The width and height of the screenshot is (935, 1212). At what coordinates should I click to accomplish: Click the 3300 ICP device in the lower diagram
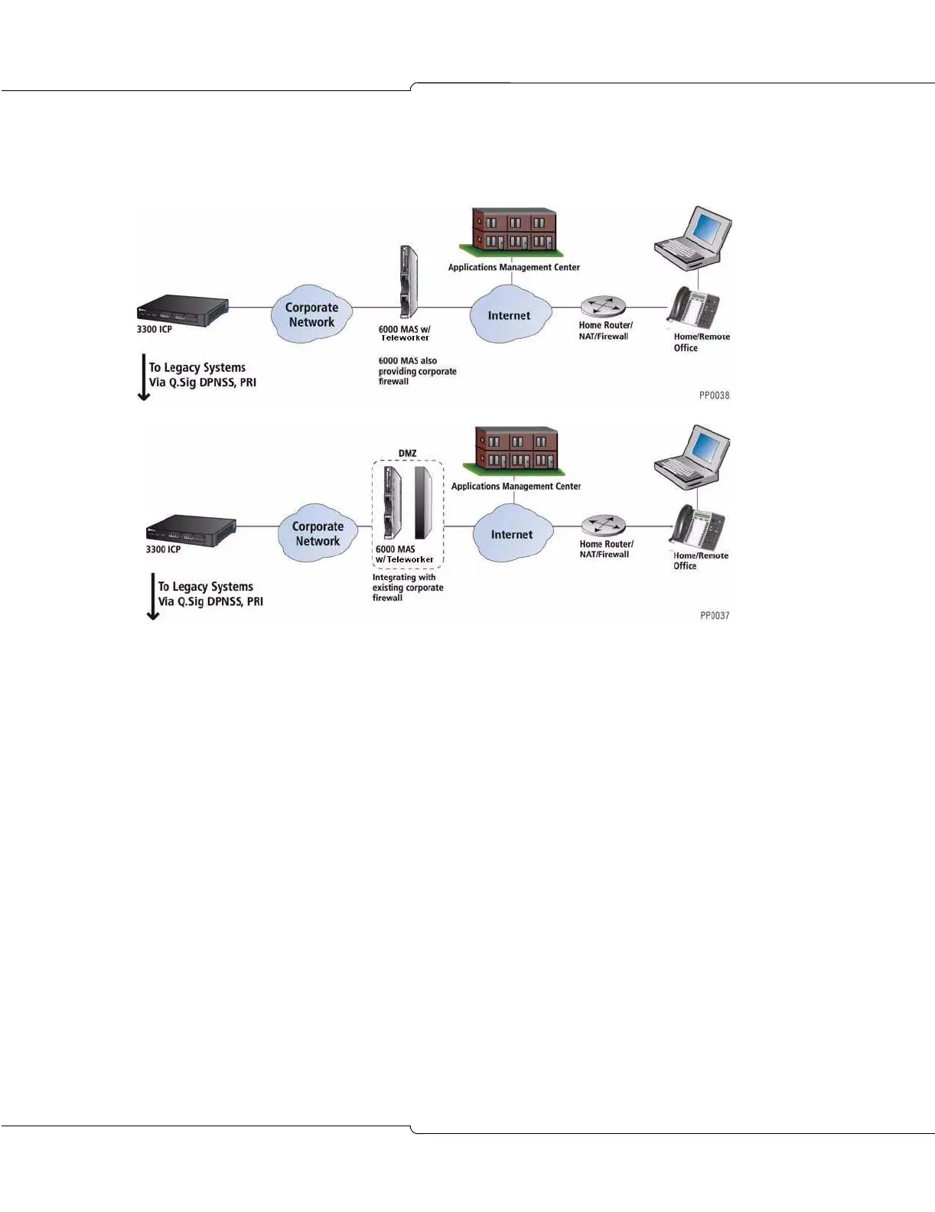(x=191, y=529)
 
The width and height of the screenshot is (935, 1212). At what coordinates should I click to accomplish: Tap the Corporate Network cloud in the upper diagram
(x=311, y=314)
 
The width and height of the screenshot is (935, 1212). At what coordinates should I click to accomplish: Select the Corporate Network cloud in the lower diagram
(x=318, y=533)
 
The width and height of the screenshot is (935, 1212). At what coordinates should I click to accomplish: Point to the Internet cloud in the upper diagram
(x=510, y=314)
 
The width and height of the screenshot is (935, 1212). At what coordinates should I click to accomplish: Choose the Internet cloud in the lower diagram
(x=512, y=534)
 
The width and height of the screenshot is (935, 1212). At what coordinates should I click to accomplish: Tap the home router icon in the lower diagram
(x=604, y=526)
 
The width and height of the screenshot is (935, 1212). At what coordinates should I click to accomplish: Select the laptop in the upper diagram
(x=693, y=236)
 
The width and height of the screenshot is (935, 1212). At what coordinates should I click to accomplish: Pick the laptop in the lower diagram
(x=692, y=456)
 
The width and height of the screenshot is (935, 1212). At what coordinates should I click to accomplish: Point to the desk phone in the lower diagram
(x=697, y=527)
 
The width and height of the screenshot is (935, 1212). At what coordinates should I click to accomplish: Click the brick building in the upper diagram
(x=512, y=230)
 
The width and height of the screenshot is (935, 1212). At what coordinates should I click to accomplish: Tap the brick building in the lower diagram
(x=515, y=450)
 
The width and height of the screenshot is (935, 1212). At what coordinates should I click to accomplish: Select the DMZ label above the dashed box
(x=407, y=454)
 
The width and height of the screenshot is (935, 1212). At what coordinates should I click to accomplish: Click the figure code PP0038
(x=714, y=396)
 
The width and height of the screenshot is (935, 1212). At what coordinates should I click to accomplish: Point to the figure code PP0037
(x=715, y=615)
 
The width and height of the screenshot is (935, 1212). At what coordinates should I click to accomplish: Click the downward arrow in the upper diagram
(x=143, y=376)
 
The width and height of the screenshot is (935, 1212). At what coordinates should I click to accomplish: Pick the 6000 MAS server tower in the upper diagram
(x=409, y=282)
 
